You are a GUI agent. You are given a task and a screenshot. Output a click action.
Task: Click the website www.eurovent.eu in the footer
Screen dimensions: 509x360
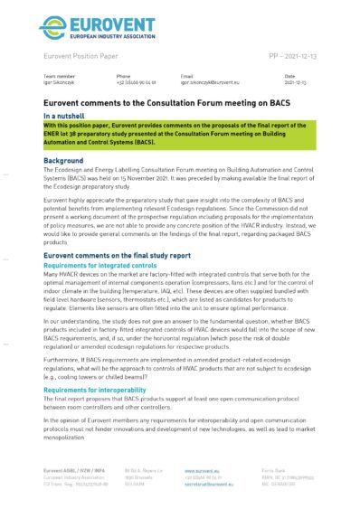tap(202, 471)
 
